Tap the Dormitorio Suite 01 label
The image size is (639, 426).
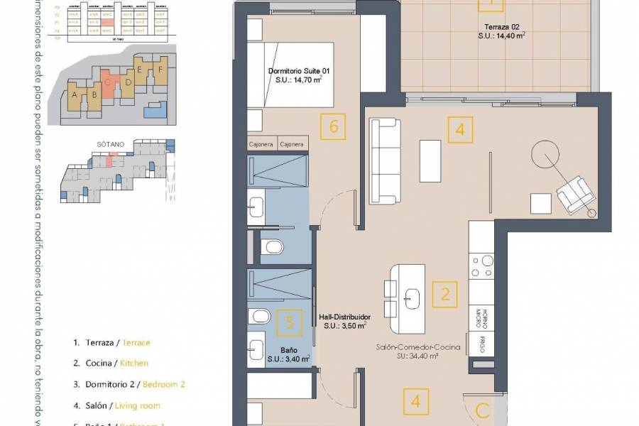(300, 76)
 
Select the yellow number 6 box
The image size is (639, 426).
(334, 127)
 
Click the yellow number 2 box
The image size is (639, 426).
(445, 293)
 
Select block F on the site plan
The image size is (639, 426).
(161, 70)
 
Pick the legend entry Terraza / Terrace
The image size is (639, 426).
(111, 342)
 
